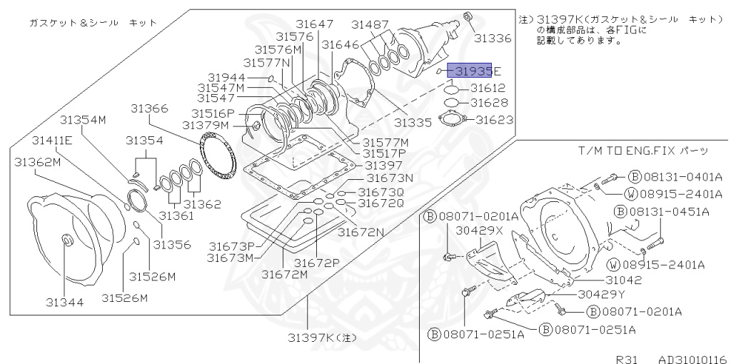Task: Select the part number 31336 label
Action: click(x=493, y=38)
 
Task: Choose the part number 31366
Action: click(x=149, y=108)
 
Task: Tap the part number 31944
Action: click(x=227, y=77)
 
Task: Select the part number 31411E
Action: click(x=53, y=139)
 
